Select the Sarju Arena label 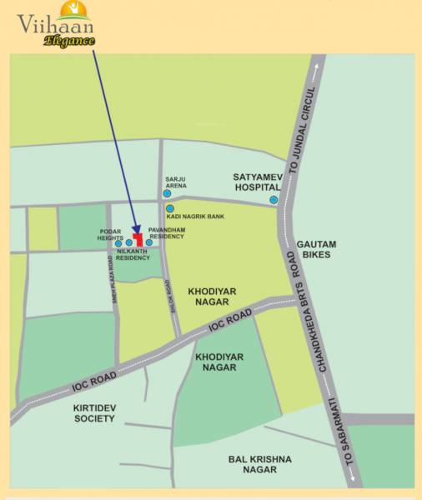[176, 182]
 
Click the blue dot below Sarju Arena [168, 192]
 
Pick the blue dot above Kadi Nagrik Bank [169, 208]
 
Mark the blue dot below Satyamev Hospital [273, 200]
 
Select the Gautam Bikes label [316, 249]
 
